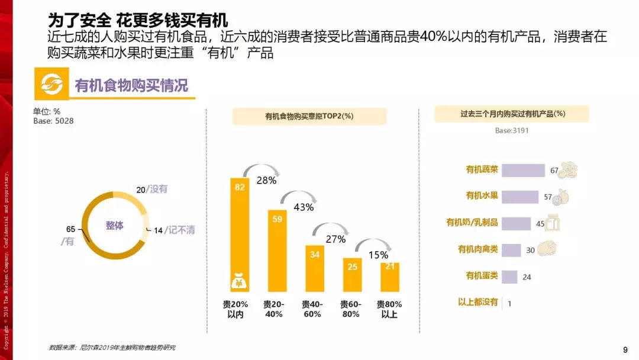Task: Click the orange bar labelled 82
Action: tap(240, 234)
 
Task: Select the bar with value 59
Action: tap(277, 250)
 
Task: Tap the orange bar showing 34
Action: tap(315, 268)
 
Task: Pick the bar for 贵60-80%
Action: tap(352, 275)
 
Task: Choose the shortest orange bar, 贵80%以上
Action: tap(389, 277)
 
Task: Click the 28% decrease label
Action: tap(266, 180)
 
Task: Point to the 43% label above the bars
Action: tap(304, 207)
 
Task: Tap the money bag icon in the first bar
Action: tap(239, 281)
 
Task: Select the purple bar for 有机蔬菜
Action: tap(523, 171)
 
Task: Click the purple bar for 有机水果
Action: tap(520, 197)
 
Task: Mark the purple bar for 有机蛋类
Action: tap(509, 277)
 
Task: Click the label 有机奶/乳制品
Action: tap(472, 222)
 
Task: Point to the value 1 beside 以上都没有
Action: tap(509, 303)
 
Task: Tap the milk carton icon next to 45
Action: tap(552, 223)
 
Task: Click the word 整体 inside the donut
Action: tap(115, 226)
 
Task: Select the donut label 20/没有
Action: tap(151, 189)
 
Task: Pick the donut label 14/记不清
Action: tap(175, 230)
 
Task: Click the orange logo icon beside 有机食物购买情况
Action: tap(51, 83)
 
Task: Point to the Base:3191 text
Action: tap(511, 130)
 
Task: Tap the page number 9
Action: tap(625, 350)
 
